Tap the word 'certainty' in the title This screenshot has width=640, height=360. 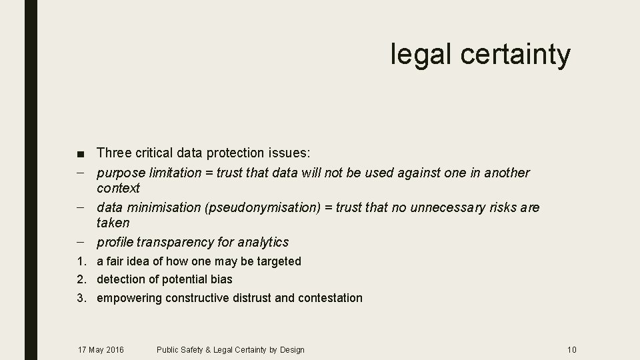[515, 55]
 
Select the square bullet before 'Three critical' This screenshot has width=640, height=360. [80, 154]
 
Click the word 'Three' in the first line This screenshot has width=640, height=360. [113, 153]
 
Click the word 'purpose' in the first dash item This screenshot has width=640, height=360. [121, 173]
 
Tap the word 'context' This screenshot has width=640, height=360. [118, 188]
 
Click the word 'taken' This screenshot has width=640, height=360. [113, 223]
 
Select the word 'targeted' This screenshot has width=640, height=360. [278, 261]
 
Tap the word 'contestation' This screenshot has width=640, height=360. [329, 298]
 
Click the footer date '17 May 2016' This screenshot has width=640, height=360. [101, 349]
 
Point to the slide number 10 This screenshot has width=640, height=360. [571, 349]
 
